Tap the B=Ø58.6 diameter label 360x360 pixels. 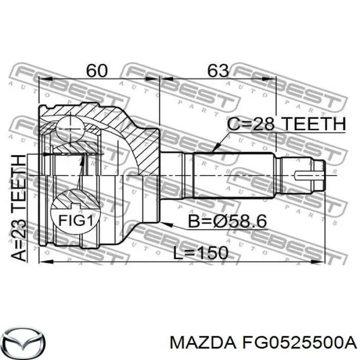click(263, 222)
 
